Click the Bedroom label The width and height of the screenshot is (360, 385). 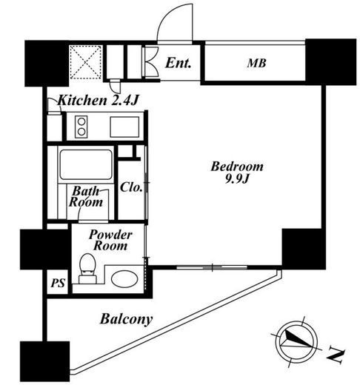click(237, 167)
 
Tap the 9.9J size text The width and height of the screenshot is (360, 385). click(236, 179)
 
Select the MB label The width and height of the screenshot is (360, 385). click(256, 63)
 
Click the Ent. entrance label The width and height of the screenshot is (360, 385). click(178, 63)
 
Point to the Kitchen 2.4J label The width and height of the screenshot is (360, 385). click(98, 101)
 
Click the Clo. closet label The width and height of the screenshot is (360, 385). click(131, 187)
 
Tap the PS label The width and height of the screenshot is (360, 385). click(58, 283)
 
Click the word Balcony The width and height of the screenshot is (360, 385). click(126, 319)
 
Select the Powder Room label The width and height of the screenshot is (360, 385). click(110, 240)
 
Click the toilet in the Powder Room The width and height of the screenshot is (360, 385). click(87, 269)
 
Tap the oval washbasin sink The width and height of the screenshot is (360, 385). click(124, 279)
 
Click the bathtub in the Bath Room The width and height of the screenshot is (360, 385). click(85, 164)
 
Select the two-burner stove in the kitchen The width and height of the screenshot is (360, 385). click(81, 127)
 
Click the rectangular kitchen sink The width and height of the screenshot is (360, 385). click(124, 127)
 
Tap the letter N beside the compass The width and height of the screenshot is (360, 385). click(336, 356)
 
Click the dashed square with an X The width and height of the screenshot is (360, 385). click(85, 62)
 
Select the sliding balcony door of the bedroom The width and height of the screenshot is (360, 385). click(212, 267)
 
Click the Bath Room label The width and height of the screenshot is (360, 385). click(86, 196)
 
